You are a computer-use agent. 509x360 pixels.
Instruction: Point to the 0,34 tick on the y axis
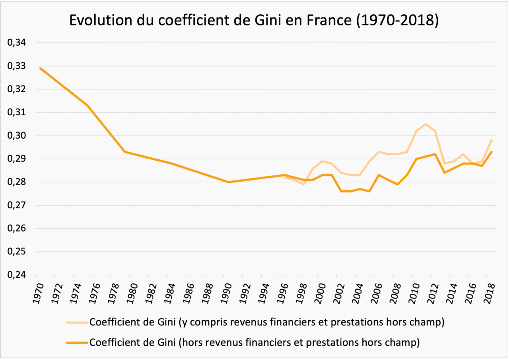(17, 43)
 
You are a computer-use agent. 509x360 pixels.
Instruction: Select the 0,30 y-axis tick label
(17, 136)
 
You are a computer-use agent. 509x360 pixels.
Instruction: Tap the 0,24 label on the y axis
(17, 275)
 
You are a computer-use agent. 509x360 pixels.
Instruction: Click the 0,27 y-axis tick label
(17, 205)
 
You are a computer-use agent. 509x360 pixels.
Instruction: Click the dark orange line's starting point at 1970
(40, 68)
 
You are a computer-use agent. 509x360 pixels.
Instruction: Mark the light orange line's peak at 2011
(425, 124)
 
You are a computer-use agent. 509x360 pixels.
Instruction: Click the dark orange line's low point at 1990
(228, 182)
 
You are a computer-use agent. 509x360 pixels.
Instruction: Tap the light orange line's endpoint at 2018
(492, 140)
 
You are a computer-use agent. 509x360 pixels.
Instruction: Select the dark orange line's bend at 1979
(125, 152)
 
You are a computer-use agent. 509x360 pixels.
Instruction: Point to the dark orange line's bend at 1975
(87, 105)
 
